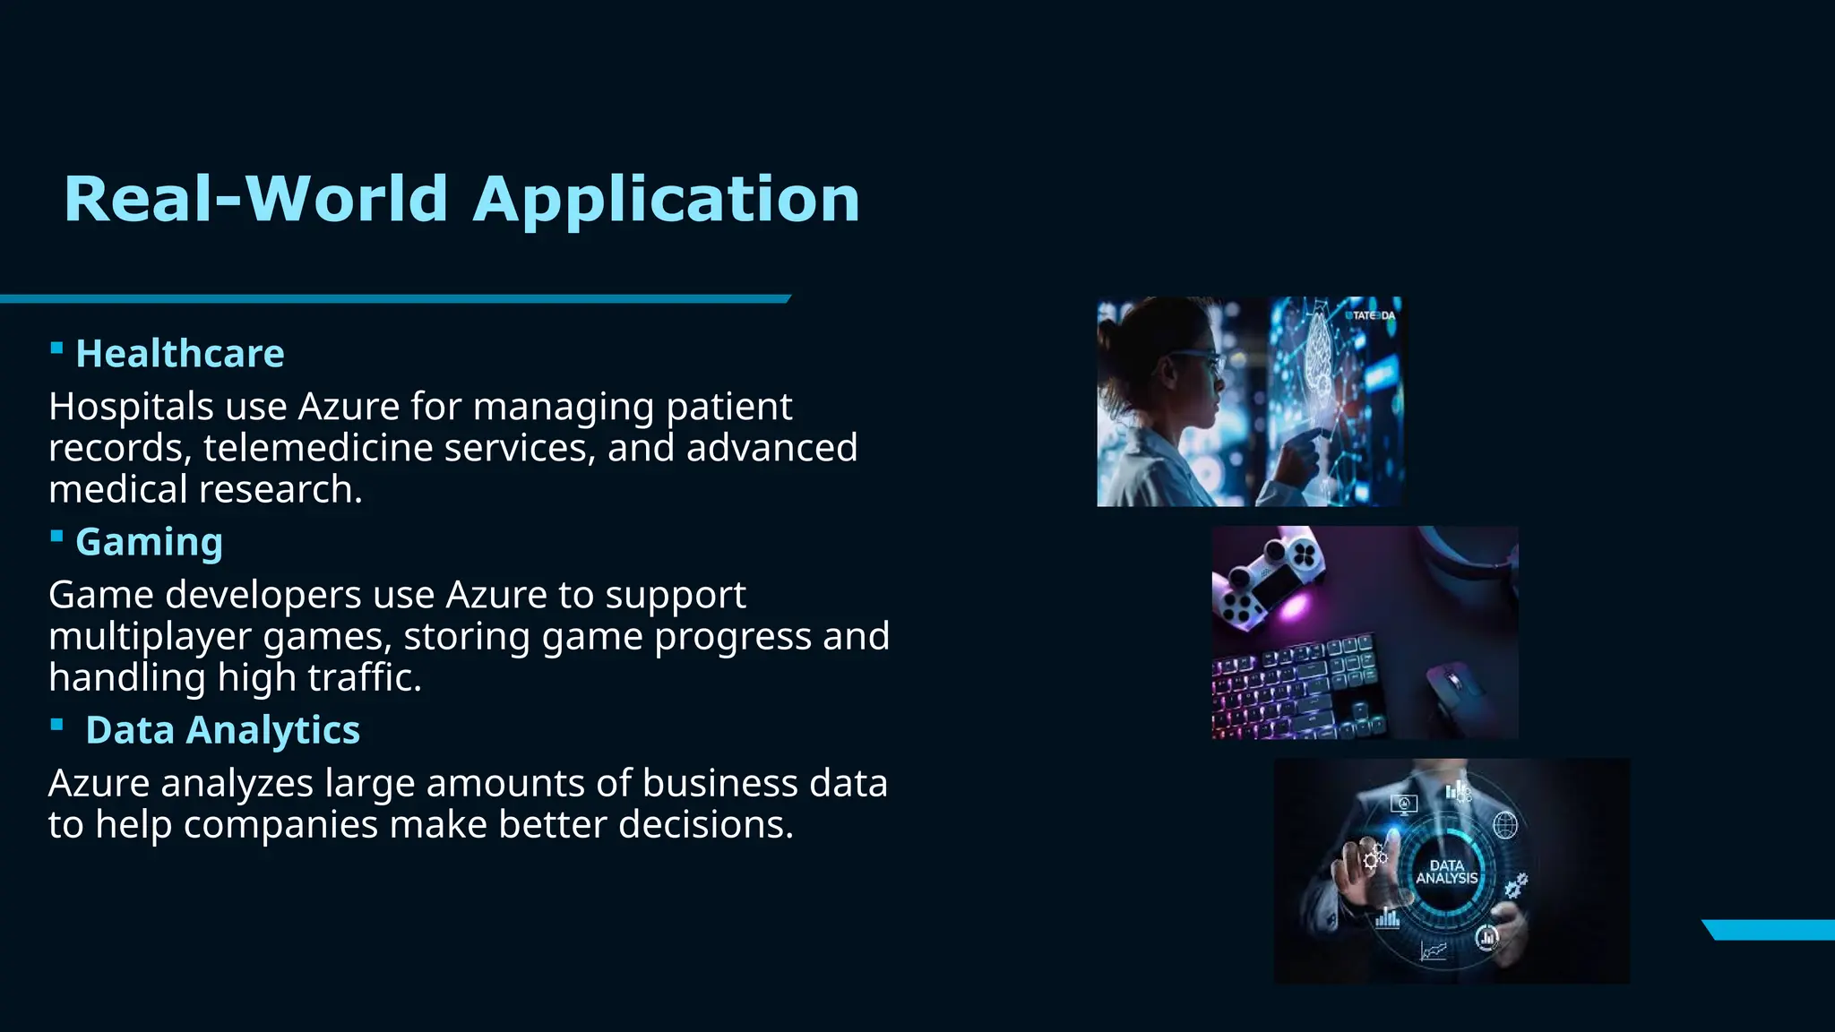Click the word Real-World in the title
(255, 199)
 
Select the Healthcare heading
(180, 354)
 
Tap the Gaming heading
(149, 542)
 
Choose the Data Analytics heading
(222, 730)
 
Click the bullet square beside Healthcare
(56, 348)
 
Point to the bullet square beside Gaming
(56, 536)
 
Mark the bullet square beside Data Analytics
(56, 724)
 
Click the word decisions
(705, 825)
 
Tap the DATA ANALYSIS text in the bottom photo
(1446, 873)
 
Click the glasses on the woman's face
(1196, 359)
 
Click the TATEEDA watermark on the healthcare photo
(1372, 315)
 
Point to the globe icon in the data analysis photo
(1505, 824)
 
